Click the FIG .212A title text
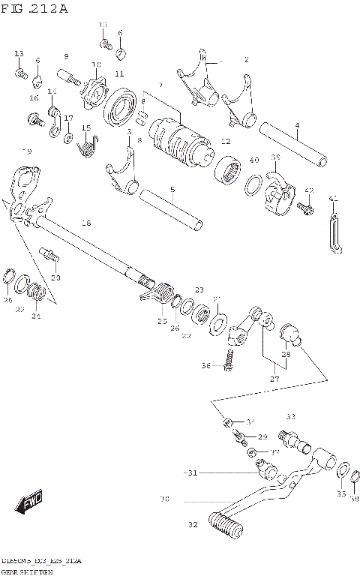pos(36,9)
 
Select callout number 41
pos(334,198)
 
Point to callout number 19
pos(27,151)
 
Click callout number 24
pos(35,316)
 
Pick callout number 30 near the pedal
pos(164,498)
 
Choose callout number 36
pos(205,365)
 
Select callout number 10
pos(96,64)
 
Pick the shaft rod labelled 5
pos(171,209)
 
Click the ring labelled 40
pos(253,184)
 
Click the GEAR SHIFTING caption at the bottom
pos(31,571)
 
